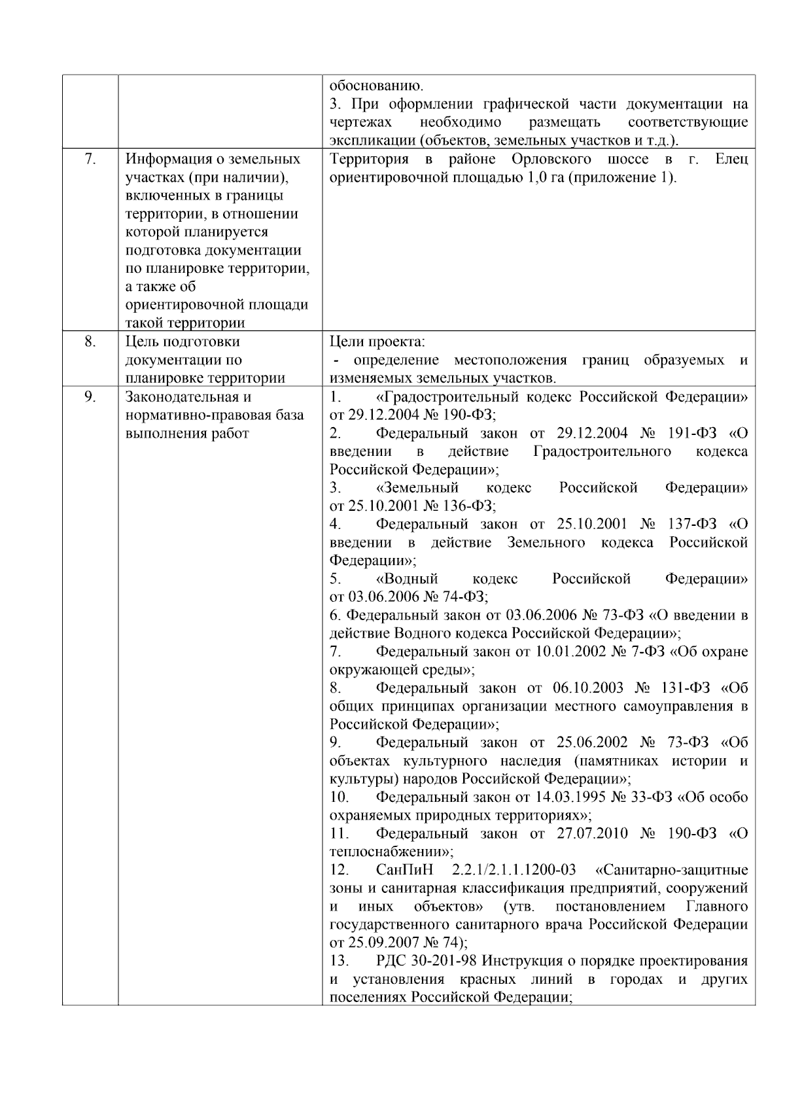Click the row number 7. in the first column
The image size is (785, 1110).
pos(90,159)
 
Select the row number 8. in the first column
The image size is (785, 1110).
pos(90,341)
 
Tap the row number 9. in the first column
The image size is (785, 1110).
pos(90,396)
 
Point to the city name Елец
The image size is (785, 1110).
pos(731,159)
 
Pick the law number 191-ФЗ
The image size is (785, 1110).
pos(692,433)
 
